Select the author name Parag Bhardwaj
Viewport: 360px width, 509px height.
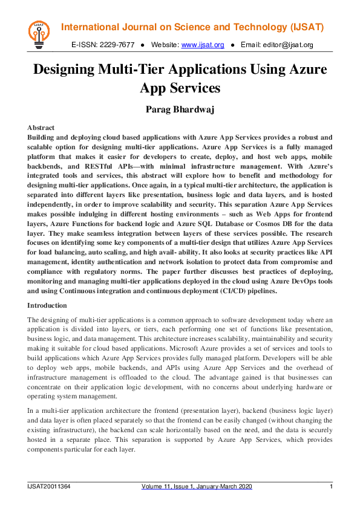point(180,109)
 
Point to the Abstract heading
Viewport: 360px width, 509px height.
point(41,128)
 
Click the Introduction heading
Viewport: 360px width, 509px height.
point(47,305)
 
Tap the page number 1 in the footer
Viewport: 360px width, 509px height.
point(331,487)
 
